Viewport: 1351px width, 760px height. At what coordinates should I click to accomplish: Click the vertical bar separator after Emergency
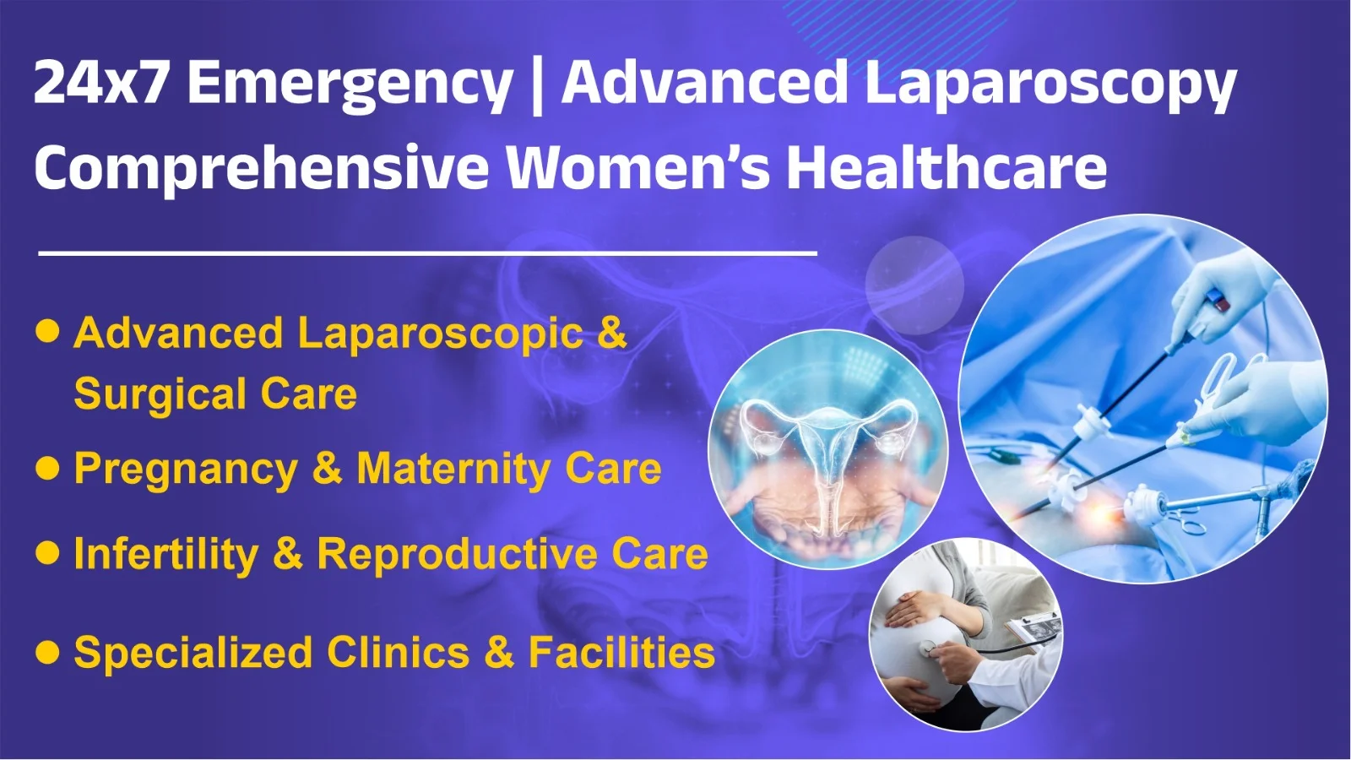[538, 85]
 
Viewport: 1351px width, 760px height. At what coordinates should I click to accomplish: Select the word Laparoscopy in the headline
[1050, 85]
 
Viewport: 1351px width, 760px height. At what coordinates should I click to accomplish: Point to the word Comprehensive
[262, 169]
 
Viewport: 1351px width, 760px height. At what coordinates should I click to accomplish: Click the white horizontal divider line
[427, 253]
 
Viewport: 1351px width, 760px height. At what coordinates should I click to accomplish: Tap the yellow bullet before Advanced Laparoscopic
[47, 331]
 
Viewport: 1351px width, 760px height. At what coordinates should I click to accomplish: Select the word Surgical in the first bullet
[160, 395]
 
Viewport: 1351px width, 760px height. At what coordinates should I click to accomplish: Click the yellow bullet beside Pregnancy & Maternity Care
[47, 468]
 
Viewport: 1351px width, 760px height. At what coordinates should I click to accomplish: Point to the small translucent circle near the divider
[914, 285]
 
